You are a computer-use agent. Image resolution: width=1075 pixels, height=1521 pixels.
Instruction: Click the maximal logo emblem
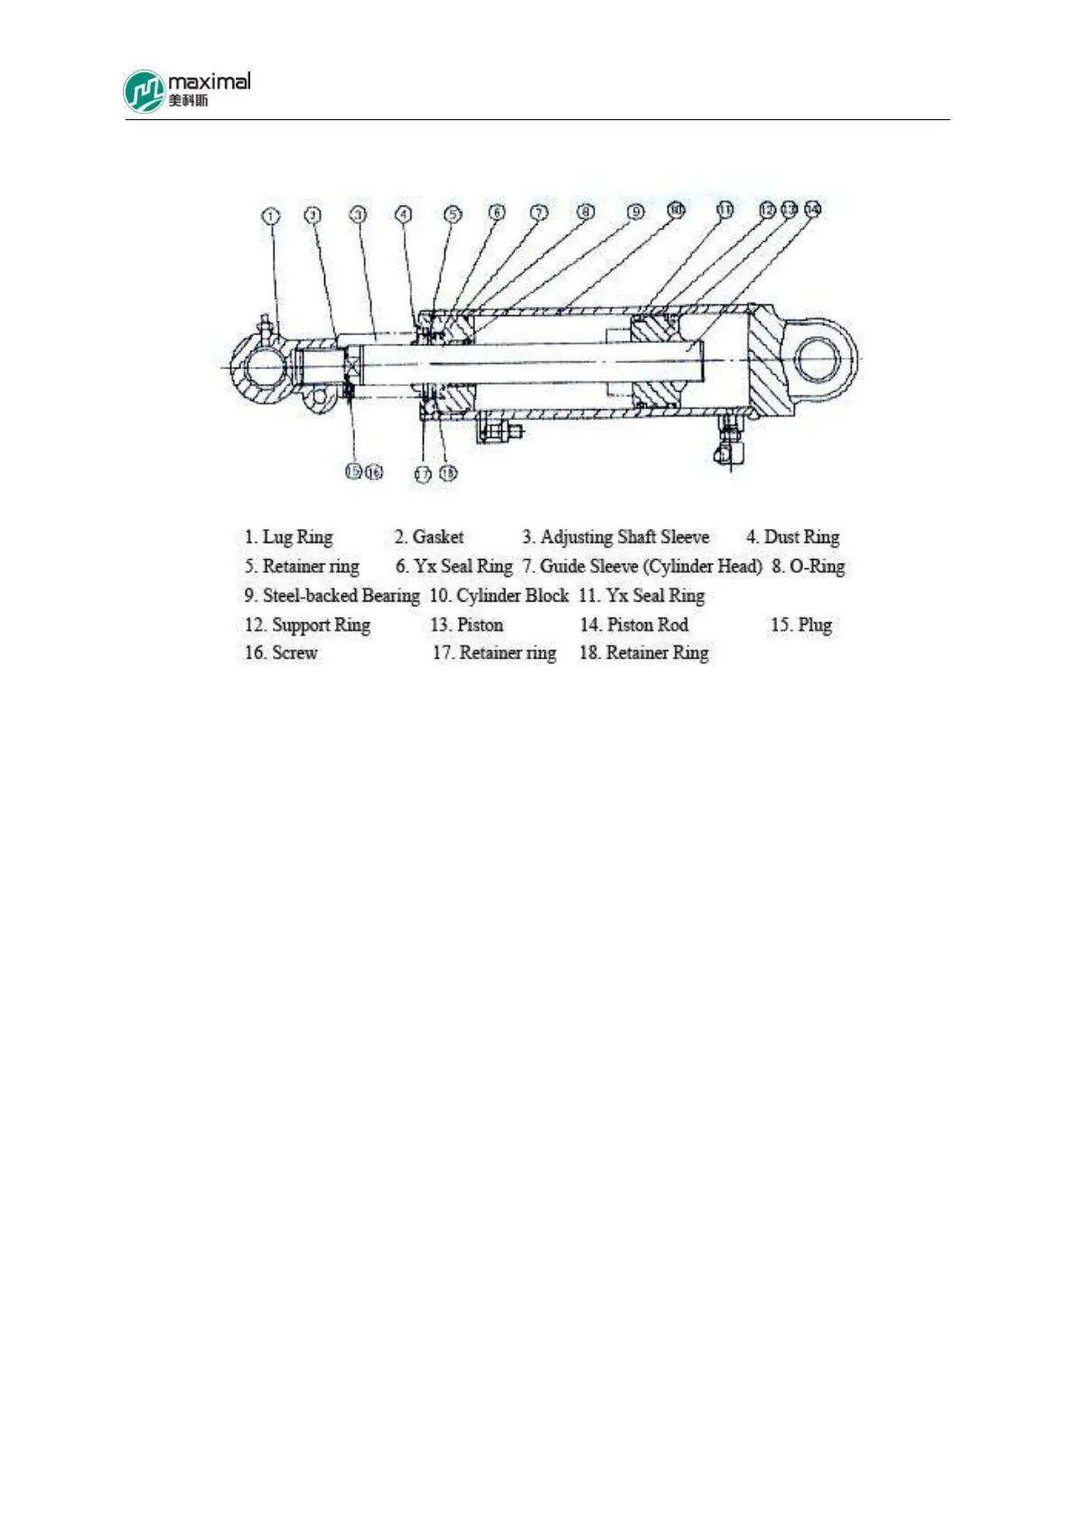(x=145, y=92)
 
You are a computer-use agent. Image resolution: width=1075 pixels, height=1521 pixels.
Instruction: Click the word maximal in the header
(x=209, y=81)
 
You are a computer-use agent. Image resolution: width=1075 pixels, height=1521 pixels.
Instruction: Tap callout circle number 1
(x=271, y=216)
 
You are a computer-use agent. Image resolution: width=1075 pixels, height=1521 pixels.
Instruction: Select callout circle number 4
(x=404, y=215)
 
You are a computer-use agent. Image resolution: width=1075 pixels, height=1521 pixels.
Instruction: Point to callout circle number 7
(x=538, y=213)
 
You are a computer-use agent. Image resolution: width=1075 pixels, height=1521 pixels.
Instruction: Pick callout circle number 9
(x=636, y=212)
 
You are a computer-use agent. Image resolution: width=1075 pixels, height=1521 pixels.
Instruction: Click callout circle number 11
(x=724, y=210)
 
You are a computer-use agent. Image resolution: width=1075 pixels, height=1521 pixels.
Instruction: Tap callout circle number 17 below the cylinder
(x=422, y=473)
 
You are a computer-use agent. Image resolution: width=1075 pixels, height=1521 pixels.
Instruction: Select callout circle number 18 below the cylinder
(x=447, y=472)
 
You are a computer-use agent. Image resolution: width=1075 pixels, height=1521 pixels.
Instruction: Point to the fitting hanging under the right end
(x=727, y=443)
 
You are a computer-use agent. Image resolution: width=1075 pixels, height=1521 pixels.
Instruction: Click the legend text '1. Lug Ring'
(x=288, y=537)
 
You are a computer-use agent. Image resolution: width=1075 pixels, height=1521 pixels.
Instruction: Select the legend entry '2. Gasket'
(x=429, y=537)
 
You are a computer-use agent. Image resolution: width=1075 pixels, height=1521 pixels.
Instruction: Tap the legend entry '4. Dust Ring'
(x=792, y=537)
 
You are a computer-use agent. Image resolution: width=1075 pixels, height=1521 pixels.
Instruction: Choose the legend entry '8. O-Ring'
(x=808, y=567)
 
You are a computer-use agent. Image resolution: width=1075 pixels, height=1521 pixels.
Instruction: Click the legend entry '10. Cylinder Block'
(x=499, y=596)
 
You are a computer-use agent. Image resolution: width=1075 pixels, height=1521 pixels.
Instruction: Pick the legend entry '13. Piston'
(x=466, y=625)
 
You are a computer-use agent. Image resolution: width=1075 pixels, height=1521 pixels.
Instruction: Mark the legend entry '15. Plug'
(x=800, y=625)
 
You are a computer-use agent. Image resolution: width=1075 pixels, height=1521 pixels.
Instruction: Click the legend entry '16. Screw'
(x=281, y=653)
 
